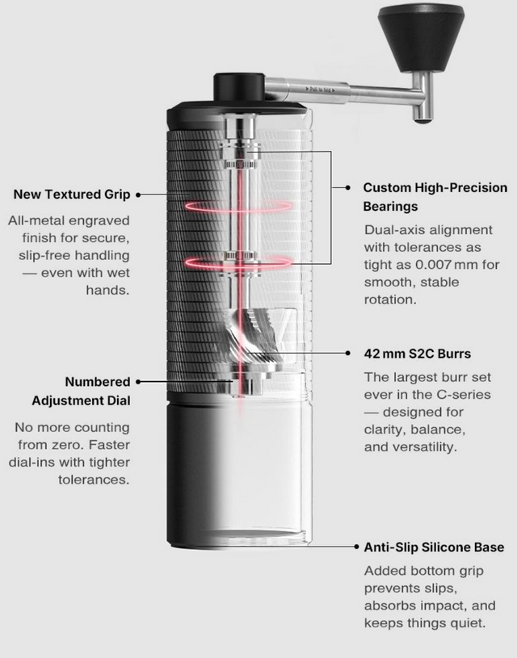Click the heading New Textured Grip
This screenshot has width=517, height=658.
pyautogui.click(x=73, y=195)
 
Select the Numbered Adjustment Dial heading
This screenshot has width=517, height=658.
pyautogui.click(x=81, y=391)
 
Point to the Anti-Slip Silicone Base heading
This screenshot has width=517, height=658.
pyautogui.click(x=434, y=547)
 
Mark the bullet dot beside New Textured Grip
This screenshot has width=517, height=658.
pyautogui.click(x=138, y=195)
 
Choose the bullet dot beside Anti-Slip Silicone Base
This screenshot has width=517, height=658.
pyautogui.click(x=355, y=547)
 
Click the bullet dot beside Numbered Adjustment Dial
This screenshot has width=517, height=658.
pyautogui.click(x=138, y=381)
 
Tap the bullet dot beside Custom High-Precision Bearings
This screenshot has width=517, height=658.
pyautogui.click(x=347, y=187)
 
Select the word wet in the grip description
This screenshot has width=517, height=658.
pyautogui.click(x=113, y=272)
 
